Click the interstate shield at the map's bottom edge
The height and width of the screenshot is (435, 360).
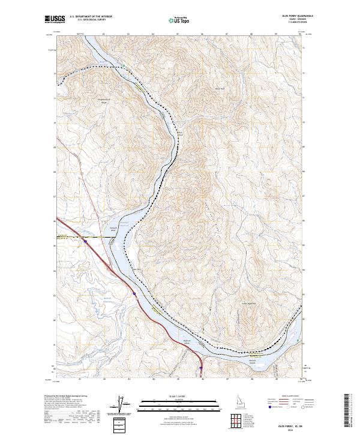pyautogui.click(x=200, y=368)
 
